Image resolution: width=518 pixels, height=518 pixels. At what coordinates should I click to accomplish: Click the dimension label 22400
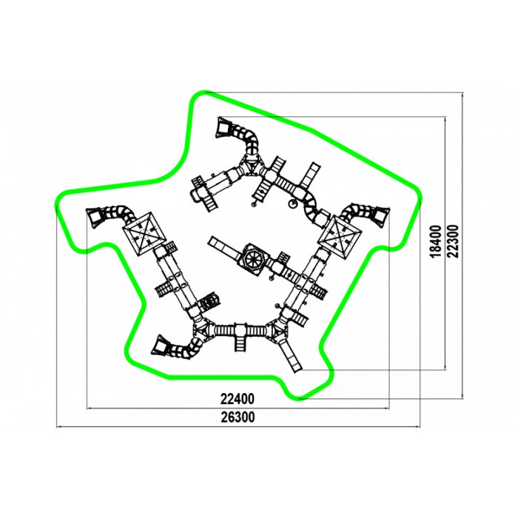(238, 399)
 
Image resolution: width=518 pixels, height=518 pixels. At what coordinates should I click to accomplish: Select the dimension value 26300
(238, 417)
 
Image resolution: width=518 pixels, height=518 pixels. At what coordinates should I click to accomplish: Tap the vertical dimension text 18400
(436, 241)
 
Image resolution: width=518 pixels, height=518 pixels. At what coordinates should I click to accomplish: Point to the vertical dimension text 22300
(454, 241)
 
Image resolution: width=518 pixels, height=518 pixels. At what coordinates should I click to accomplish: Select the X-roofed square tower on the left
(144, 233)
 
